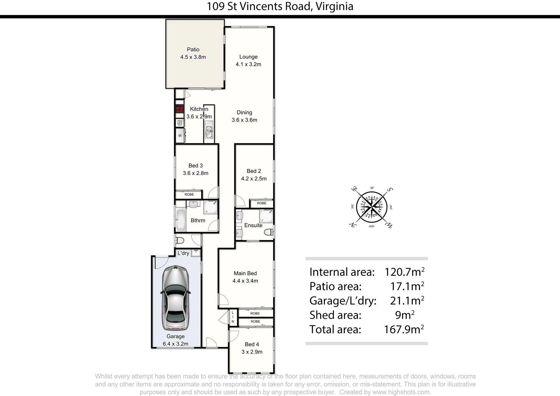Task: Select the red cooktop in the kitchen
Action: click(x=179, y=109)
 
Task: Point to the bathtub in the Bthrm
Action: click(x=181, y=220)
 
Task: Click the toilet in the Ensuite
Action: click(x=269, y=232)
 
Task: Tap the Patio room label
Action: click(x=193, y=50)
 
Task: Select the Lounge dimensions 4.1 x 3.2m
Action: click(x=249, y=64)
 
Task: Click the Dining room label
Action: click(x=244, y=112)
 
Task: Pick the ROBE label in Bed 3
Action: click(x=189, y=195)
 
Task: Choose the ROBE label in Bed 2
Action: click(x=262, y=203)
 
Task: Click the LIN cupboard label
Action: click(x=233, y=317)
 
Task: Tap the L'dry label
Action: click(x=183, y=253)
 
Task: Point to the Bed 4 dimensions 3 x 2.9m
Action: click(x=252, y=352)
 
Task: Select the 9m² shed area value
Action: click(x=405, y=315)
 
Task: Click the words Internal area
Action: click(x=342, y=272)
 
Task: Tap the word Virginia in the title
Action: click(x=335, y=6)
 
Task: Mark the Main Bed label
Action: click(x=245, y=273)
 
